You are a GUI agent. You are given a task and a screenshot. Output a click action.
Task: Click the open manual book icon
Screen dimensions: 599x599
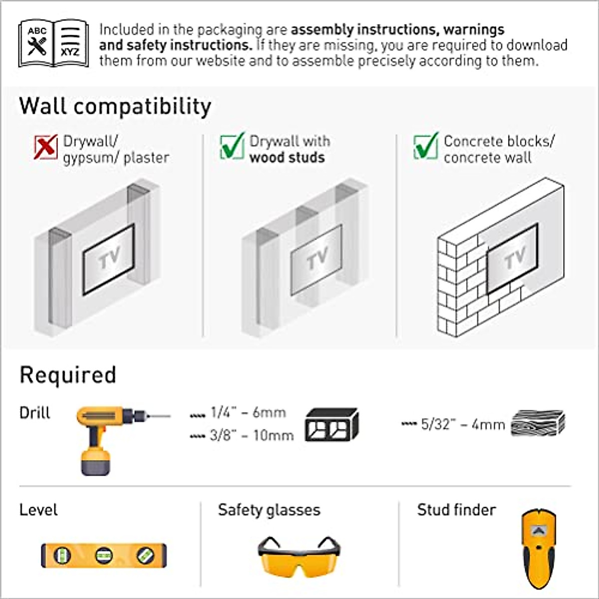[53, 44]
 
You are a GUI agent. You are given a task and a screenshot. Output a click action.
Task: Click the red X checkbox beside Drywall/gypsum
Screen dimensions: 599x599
[45, 148]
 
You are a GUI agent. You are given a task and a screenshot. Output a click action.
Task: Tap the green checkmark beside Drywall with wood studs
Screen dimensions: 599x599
[232, 146]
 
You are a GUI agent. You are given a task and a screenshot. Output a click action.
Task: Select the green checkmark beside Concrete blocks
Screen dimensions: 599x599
[426, 146]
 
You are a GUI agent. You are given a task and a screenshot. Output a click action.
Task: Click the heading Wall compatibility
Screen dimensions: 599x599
[115, 106]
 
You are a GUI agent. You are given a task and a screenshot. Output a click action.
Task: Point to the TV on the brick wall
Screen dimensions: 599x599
[512, 258]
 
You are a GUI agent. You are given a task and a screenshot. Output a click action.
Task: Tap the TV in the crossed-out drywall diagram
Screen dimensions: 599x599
[109, 259]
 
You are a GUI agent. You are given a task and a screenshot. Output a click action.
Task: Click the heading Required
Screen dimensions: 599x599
[68, 375]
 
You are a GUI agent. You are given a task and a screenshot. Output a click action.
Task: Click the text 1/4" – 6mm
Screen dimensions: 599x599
[248, 413]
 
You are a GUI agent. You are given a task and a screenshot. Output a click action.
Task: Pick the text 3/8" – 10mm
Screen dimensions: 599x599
[252, 435]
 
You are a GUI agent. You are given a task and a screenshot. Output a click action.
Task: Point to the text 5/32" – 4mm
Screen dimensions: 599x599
[463, 424]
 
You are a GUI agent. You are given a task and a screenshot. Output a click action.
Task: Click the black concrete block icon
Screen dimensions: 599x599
[331, 425]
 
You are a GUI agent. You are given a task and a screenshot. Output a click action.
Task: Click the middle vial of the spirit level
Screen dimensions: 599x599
[104, 555]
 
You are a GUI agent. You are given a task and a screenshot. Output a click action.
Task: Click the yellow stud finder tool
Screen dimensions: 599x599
[538, 548]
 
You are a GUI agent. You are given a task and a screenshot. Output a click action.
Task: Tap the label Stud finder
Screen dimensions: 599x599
[456, 510]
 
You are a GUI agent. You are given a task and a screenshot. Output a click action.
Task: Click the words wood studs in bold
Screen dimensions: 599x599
[287, 158]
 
